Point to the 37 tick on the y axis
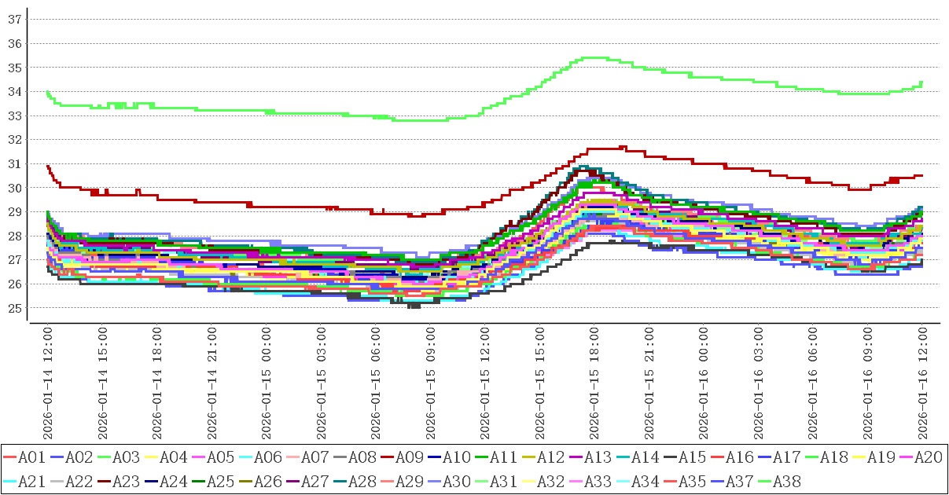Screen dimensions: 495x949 point(14,19)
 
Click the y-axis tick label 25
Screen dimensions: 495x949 point(14,308)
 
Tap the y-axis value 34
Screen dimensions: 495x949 point(14,91)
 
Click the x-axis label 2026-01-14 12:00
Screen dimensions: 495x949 point(47,383)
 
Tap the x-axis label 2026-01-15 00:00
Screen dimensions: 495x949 point(267,383)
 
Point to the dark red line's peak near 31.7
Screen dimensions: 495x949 point(623,146)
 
